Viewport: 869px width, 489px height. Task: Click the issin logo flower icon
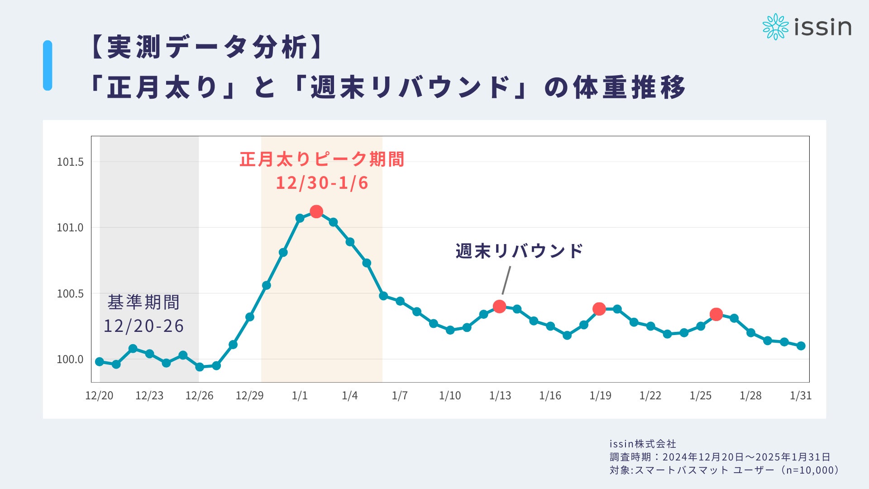pos(775,27)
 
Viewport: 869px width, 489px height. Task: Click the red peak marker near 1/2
pos(316,211)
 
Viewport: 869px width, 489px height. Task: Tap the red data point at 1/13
pos(499,307)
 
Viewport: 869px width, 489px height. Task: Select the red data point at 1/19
pos(599,309)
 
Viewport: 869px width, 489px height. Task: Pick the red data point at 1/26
pos(716,314)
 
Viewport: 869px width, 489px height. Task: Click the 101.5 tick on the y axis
pos(70,162)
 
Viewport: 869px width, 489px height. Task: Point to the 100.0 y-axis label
pos(70,360)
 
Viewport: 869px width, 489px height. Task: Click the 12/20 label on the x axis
pos(99,396)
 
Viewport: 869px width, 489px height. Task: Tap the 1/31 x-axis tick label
pos(800,396)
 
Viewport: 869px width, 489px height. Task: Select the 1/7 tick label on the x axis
pos(400,396)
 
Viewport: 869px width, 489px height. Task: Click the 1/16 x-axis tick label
pos(550,396)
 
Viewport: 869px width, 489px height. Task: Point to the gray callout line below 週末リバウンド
pos(506,280)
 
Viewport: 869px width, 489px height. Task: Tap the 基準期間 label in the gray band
pos(143,302)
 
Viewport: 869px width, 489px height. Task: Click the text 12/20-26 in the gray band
pos(143,326)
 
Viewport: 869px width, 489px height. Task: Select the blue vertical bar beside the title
pos(48,66)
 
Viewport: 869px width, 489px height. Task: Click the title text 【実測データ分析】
pos(208,47)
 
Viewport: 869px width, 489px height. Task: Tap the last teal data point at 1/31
pos(801,346)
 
